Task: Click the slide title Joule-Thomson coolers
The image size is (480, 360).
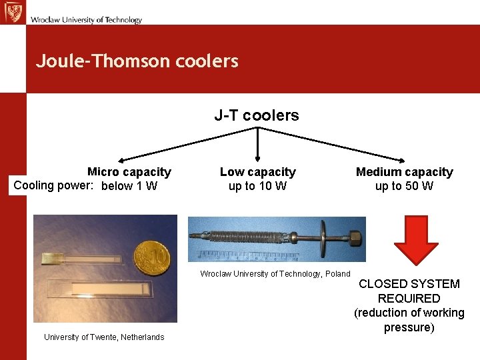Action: click(x=137, y=61)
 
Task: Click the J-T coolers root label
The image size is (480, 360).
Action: click(x=257, y=115)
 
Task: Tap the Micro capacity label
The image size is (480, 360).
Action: click(x=129, y=172)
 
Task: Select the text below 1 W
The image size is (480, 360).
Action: click(x=129, y=186)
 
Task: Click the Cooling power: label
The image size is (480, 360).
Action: click(x=53, y=185)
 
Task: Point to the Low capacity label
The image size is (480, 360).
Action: click(x=257, y=172)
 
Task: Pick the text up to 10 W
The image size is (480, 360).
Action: click(x=257, y=186)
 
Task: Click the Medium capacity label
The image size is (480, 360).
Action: click(x=404, y=172)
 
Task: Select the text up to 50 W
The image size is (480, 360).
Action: click(x=404, y=186)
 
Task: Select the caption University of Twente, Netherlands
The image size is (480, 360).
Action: click(x=104, y=337)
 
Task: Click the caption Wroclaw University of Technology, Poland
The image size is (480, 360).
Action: click(x=275, y=274)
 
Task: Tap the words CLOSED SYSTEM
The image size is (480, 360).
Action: click(x=409, y=284)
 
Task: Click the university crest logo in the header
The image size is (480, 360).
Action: click(x=12, y=12)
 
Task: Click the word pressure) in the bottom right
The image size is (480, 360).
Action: click(x=409, y=327)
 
